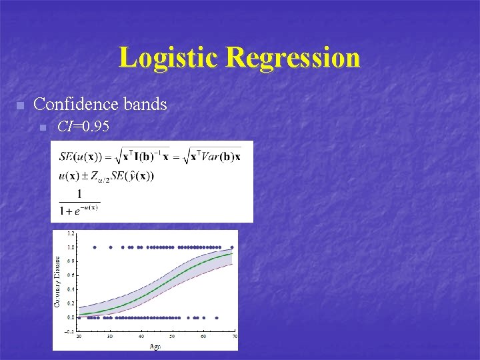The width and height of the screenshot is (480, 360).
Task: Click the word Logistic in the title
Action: pos(169,58)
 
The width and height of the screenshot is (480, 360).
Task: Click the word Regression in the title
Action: pos(293,58)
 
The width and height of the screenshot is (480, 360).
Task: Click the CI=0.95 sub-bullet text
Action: pos(83,126)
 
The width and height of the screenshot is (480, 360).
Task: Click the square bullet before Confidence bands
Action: pos(20,106)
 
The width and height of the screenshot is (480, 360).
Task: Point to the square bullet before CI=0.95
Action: pos(43,127)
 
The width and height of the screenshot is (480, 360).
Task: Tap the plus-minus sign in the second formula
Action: pos(85,176)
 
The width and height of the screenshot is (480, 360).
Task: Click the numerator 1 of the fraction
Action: pos(79,194)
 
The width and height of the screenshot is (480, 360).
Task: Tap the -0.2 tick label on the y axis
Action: pos(70,331)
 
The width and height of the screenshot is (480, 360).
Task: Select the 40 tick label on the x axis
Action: pos(141,337)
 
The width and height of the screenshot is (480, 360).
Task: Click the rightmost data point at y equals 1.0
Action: pos(232,247)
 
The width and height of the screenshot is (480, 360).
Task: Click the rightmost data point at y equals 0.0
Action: pos(217,317)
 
